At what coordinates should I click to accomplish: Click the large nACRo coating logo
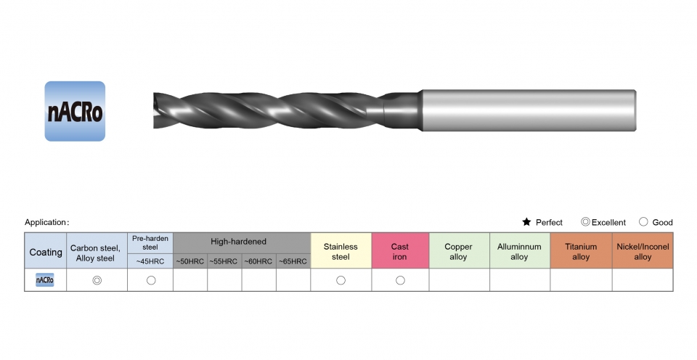click(75, 111)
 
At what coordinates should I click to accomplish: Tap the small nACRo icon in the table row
click(45, 280)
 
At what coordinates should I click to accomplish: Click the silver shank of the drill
click(529, 110)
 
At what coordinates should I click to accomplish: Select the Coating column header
click(45, 252)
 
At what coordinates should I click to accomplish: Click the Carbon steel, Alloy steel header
click(97, 253)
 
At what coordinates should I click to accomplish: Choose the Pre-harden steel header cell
click(150, 243)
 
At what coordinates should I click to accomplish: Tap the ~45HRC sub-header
click(150, 261)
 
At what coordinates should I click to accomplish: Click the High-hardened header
click(238, 242)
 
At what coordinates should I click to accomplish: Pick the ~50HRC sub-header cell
click(190, 261)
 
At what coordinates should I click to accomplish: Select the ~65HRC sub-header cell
click(293, 261)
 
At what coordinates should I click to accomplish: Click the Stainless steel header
click(341, 252)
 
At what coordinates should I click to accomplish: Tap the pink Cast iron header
click(400, 252)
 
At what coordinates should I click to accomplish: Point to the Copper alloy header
click(459, 252)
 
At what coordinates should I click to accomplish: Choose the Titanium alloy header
click(581, 252)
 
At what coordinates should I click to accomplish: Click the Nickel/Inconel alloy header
click(643, 252)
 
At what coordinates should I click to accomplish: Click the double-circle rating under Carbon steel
click(97, 280)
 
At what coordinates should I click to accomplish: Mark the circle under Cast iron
click(401, 280)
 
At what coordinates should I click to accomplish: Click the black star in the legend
click(527, 222)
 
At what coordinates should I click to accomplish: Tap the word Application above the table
click(45, 222)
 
